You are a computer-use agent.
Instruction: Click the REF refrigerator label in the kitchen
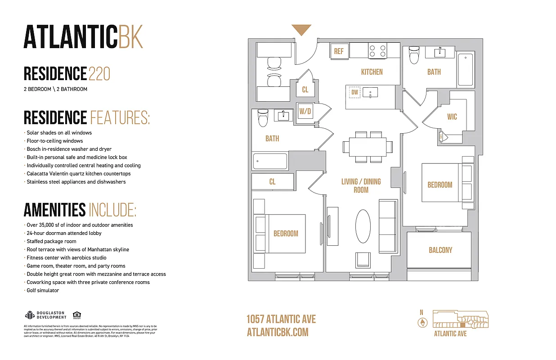[x=338, y=51]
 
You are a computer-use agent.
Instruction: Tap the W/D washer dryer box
[x=305, y=111]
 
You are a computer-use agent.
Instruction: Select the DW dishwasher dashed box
[x=355, y=92]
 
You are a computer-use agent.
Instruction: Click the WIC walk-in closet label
[x=452, y=117]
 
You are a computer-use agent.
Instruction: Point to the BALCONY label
[x=440, y=250]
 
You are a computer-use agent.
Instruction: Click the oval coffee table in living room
[x=363, y=227]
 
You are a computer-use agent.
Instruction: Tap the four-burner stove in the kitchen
[x=377, y=50]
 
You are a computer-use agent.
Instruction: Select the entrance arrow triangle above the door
[x=301, y=30]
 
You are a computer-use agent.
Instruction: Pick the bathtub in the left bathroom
[x=270, y=161]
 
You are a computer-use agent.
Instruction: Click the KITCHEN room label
[x=372, y=72]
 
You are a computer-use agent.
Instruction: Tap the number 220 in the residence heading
[x=99, y=73]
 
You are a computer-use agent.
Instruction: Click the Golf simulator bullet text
[x=43, y=290]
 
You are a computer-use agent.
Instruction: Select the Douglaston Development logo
[x=45, y=315]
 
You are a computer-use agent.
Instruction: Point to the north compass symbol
[x=421, y=322]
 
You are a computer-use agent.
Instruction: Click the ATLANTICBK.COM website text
[x=278, y=332]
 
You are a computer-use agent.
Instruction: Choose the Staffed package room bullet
[x=51, y=241]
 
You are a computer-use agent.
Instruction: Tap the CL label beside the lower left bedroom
[x=272, y=182]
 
